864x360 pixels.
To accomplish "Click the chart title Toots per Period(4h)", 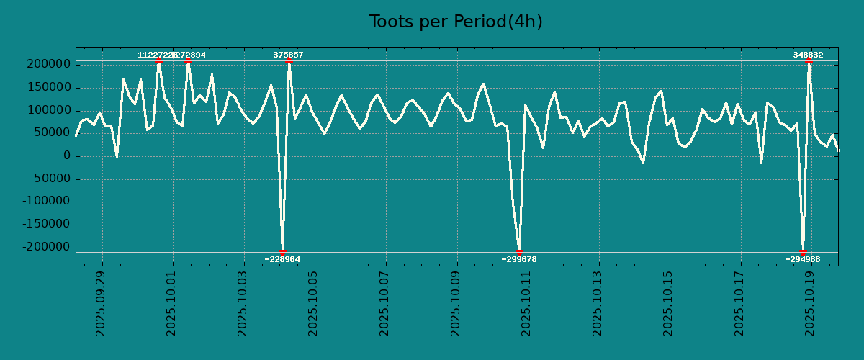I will [x=456, y=22].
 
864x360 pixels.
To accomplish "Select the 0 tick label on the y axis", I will [x=66, y=156].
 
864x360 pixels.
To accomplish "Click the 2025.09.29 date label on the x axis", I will [x=101, y=303].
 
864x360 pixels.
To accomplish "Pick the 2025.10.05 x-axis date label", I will [x=313, y=303].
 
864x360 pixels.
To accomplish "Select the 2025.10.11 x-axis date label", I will [x=526, y=303].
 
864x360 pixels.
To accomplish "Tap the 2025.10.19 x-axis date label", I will [x=811, y=303].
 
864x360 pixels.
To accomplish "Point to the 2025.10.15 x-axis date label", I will [x=668, y=303].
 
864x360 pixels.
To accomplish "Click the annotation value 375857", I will [x=288, y=55].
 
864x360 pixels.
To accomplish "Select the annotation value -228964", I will [x=282, y=259].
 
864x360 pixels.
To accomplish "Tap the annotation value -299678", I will [x=519, y=259].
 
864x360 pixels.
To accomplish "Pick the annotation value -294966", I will [x=803, y=259].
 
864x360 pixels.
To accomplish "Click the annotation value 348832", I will [x=809, y=55].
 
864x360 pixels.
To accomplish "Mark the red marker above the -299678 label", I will [x=519, y=252].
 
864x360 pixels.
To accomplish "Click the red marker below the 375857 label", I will [x=289, y=61].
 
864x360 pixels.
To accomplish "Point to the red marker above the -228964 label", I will [x=282, y=252].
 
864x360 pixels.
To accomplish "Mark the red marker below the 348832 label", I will [x=809, y=61].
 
